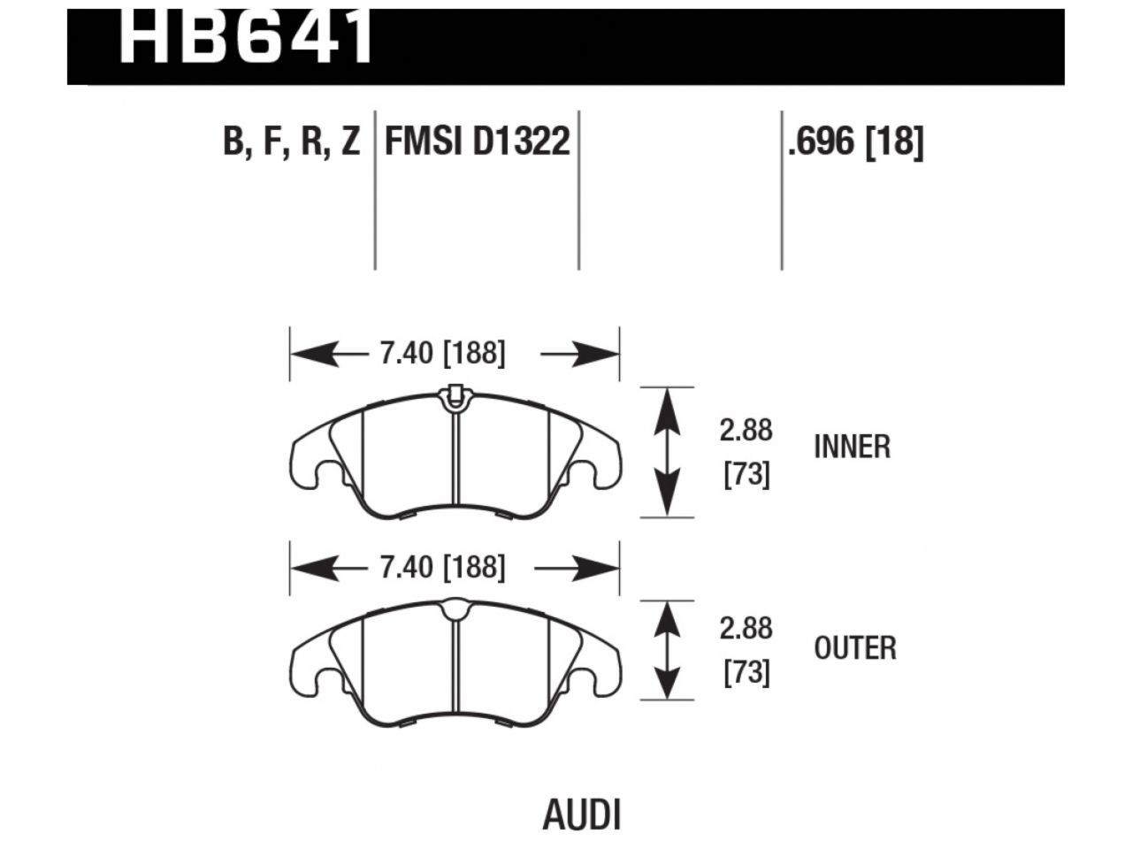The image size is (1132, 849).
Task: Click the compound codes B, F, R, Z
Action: click(292, 141)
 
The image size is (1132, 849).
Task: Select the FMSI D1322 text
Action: click(477, 141)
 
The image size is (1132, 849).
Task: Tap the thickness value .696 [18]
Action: click(855, 141)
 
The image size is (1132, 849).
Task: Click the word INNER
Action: click(852, 447)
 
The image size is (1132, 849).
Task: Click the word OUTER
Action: click(854, 648)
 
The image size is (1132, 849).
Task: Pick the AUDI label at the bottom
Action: click(581, 815)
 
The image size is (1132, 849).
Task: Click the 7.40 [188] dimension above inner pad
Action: click(442, 355)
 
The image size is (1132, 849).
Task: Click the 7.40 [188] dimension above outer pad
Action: click(442, 567)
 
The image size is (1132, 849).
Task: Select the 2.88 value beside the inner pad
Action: click(746, 431)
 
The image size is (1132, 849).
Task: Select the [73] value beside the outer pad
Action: click(746, 674)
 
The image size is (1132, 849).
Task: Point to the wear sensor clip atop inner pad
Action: click(454, 395)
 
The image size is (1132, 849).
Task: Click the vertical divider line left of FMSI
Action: click(375, 190)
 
